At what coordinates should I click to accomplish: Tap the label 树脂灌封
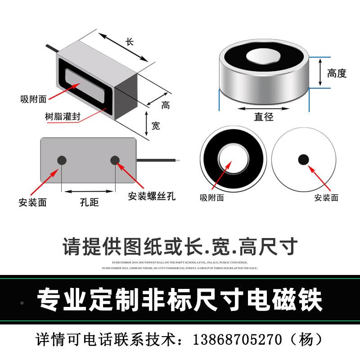click(x=63, y=116)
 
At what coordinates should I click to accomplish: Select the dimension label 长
click(x=130, y=42)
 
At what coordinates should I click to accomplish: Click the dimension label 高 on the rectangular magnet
click(x=166, y=105)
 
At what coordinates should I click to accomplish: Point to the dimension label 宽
click(x=156, y=126)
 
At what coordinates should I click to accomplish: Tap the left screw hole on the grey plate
click(x=62, y=161)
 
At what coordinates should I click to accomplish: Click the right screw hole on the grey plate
click(x=115, y=160)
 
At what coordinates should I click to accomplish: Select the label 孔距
click(x=89, y=202)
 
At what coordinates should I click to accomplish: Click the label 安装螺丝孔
click(x=152, y=197)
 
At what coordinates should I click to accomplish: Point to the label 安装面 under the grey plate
click(x=32, y=202)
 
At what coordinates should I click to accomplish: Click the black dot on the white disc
click(x=304, y=159)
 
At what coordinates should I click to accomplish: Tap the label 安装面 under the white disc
click(x=326, y=198)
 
